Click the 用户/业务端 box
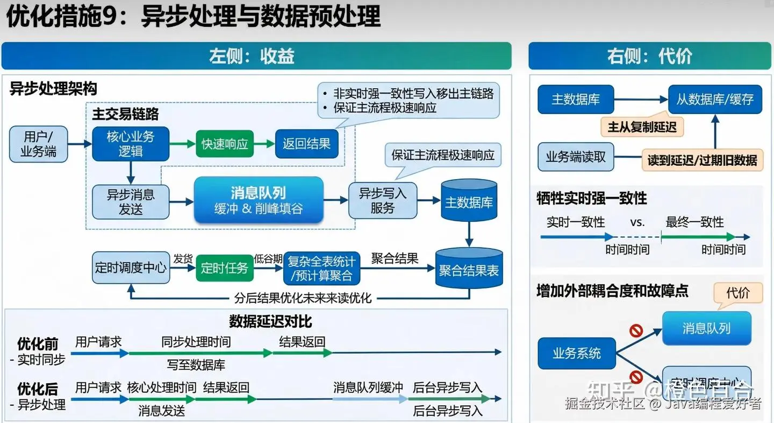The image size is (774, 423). [x=39, y=144]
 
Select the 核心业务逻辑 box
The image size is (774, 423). [x=131, y=144]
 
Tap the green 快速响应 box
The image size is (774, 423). [x=225, y=144]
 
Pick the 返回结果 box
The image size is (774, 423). [x=306, y=144]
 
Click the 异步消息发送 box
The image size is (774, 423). [x=131, y=201]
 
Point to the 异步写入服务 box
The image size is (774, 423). [x=382, y=200]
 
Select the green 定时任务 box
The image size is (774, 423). [x=224, y=268]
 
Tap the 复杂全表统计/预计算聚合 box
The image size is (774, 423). [x=321, y=268]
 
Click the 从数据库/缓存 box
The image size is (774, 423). [x=715, y=99]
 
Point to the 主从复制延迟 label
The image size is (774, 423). [x=642, y=127]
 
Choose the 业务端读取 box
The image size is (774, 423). [x=576, y=157]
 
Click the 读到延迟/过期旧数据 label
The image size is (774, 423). [x=702, y=160]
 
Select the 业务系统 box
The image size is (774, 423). [x=577, y=354]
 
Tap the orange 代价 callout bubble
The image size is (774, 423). [x=737, y=293]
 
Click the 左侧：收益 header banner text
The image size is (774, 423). [x=252, y=56]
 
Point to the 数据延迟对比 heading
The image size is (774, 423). [x=270, y=321]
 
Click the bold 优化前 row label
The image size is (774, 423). [x=38, y=343]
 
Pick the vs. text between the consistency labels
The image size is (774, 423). [x=637, y=222]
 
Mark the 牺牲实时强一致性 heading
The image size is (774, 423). [x=591, y=198]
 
